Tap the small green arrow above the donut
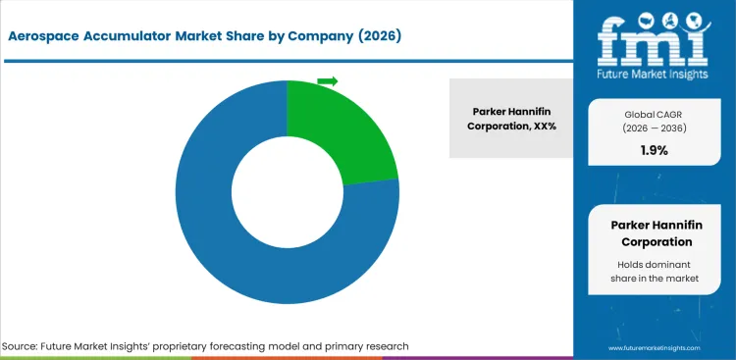click(328, 80)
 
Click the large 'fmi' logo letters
click(653, 37)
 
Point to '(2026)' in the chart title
click(376, 36)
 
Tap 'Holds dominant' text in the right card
click(653, 265)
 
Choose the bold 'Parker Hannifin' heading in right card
click(653, 225)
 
